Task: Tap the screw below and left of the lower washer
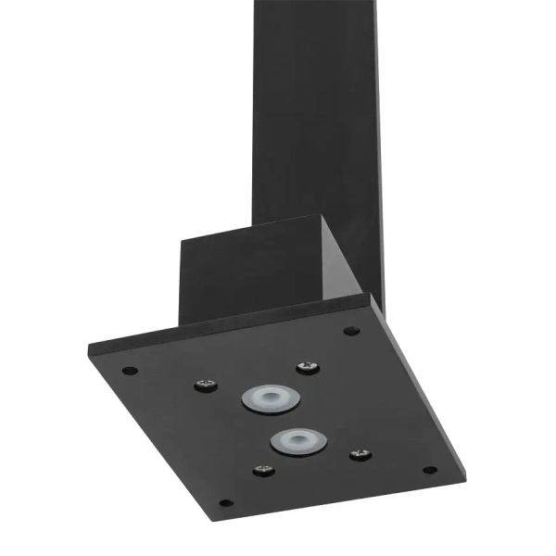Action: tap(264, 470)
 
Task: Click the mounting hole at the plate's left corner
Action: tap(130, 371)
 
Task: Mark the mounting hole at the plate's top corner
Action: tap(349, 331)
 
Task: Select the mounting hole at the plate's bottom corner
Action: tap(225, 503)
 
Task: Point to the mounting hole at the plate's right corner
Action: tap(429, 470)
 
